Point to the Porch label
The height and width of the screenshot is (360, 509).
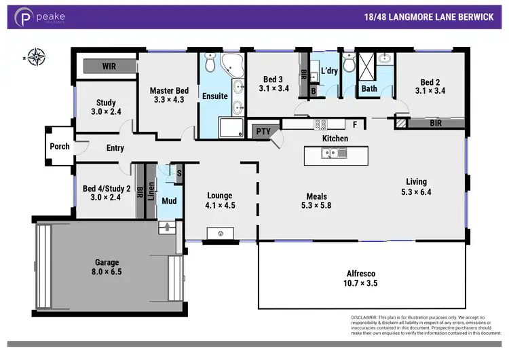point(60,147)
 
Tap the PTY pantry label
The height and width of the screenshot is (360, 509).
point(262,131)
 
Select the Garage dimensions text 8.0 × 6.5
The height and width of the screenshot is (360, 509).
point(107,272)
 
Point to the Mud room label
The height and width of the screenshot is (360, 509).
point(168,200)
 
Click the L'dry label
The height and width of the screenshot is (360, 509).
point(329,71)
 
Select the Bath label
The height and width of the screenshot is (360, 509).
point(369,89)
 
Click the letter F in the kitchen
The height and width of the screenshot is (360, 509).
point(354,124)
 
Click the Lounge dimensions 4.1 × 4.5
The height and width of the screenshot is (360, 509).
point(220,205)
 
